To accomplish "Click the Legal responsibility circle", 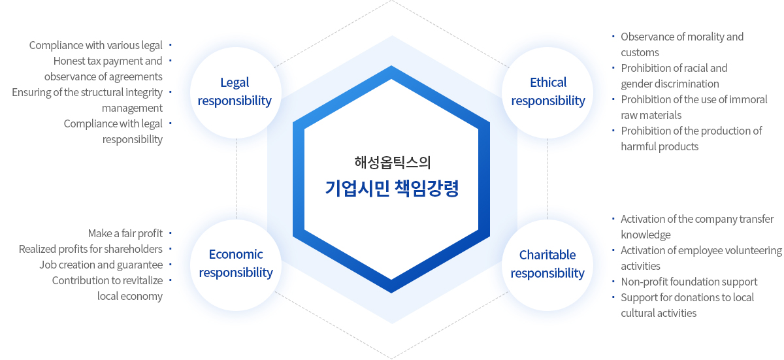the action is [x=236, y=92].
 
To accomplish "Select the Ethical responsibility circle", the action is [x=547, y=92].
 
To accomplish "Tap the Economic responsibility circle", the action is [x=236, y=265].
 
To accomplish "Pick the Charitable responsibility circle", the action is [x=547, y=265].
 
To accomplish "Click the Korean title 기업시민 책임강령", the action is [x=391, y=188].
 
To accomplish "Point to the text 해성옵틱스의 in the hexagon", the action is [x=392, y=163].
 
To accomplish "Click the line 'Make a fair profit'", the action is [x=125, y=233].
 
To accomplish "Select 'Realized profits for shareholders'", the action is [x=91, y=249].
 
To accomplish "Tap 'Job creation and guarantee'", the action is [x=101, y=265].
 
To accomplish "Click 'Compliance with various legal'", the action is [x=95, y=46].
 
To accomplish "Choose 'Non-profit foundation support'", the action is [x=689, y=282].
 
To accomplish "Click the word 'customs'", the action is [x=640, y=52].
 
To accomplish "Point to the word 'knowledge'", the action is [x=645, y=235].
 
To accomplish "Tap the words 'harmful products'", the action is [x=659, y=146].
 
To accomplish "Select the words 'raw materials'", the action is [x=651, y=115].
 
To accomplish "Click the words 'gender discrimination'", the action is [x=670, y=84].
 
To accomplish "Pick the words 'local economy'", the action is [x=130, y=297].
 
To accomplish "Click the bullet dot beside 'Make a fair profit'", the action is [x=171, y=233].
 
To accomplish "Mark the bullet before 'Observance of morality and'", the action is [x=613, y=37].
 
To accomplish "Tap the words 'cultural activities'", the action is [x=659, y=313].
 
